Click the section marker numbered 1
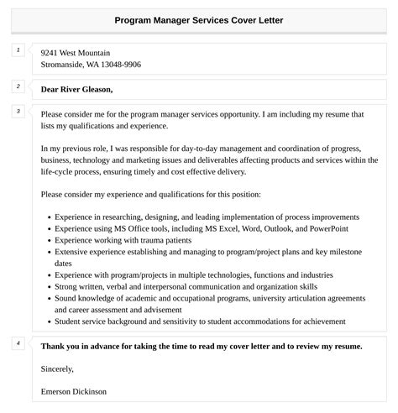[x=18, y=51]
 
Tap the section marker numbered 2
[x=18, y=86]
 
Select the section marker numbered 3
[x=18, y=111]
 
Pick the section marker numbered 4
[x=18, y=342]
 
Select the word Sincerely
[x=57, y=368]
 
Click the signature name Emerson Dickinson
[x=73, y=391]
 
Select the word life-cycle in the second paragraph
[x=60, y=170]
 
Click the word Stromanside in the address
[x=64, y=64]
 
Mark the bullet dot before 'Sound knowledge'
[x=47, y=298]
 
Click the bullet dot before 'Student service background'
[x=47, y=322]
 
